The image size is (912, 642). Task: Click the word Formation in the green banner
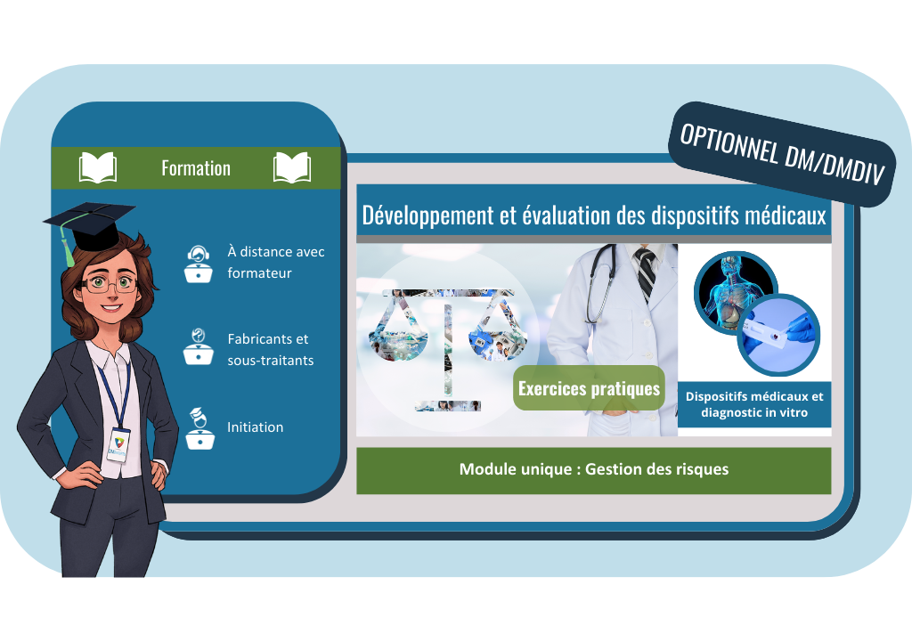tap(196, 168)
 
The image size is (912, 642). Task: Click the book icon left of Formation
tap(98, 168)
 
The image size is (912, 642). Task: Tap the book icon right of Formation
tap(292, 168)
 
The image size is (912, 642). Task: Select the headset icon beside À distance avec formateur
tap(198, 264)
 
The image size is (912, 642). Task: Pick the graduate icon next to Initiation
tap(199, 428)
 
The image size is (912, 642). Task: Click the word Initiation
tap(256, 427)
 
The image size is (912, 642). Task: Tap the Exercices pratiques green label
tap(589, 388)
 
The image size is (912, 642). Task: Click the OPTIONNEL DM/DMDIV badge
tap(782, 154)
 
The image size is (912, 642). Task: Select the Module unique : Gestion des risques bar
tap(594, 470)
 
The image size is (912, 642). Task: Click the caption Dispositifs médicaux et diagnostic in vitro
tap(754, 405)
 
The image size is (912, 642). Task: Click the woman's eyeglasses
tap(109, 284)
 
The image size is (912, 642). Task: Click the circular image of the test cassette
tap(778, 336)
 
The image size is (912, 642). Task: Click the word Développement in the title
tap(427, 216)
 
